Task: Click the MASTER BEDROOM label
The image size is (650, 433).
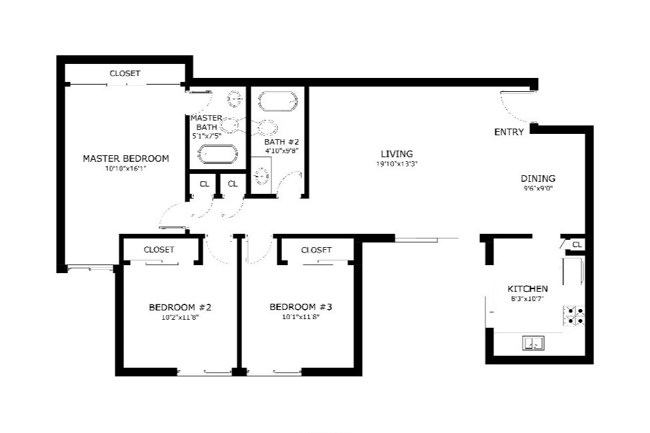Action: [x=125, y=159]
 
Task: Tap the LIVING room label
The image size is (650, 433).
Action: [x=397, y=154]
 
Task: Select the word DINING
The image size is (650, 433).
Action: [x=537, y=179]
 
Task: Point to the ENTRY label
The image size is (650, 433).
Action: [x=509, y=132]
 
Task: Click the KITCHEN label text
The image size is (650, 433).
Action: [x=527, y=288]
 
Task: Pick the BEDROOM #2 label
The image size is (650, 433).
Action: [x=179, y=307]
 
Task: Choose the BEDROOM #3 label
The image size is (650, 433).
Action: [x=300, y=307]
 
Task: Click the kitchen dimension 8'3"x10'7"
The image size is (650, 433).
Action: [x=527, y=299]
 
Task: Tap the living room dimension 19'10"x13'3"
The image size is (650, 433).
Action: [x=397, y=164]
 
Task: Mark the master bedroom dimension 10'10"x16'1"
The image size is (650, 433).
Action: [x=125, y=169]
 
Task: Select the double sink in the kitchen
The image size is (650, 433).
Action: [x=533, y=343]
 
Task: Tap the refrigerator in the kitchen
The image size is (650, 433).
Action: [x=573, y=271]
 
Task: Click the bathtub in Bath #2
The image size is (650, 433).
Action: [x=277, y=101]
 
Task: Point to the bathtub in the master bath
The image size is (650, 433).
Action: [x=218, y=155]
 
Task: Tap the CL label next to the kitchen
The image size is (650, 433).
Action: [x=577, y=245]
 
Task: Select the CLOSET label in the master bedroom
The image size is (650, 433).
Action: [x=125, y=73]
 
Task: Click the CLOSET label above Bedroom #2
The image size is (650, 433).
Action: [x=159, y=250]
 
